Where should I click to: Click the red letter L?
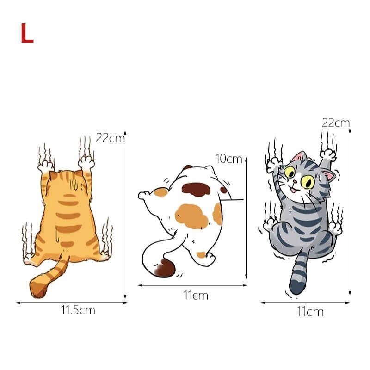(x=27, y=33)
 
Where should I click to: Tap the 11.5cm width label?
(x=78, y=310)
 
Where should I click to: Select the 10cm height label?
(x=228, y=159)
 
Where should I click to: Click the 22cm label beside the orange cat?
(x=110, y=138)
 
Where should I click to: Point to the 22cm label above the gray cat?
(x=336, y=123)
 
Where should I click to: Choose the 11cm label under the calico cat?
(x=196, y=295)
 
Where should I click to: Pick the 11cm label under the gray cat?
(x=310, y=311)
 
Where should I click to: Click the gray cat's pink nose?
(x=295, y=182)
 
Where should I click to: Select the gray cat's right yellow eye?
(x=307, y=182)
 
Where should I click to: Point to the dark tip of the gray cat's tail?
(x=298, y=286)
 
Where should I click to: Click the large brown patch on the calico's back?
(x=196, y=190)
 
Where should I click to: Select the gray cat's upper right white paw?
(x=328, y=154)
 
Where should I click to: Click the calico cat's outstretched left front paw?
(x=144, y=195)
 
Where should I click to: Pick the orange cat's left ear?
(x=53, y=176)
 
